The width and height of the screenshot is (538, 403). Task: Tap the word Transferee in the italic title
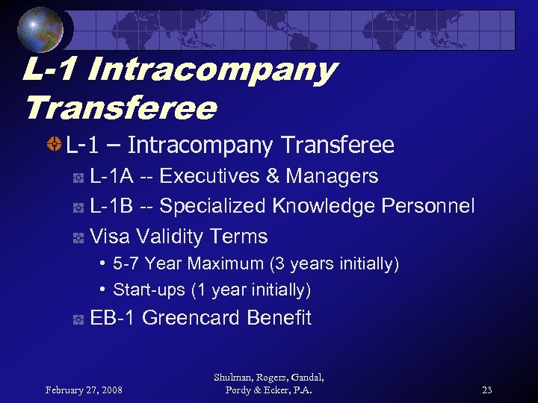tap(120, 108)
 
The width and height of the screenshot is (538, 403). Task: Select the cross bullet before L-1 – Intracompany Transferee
tap(54, 145)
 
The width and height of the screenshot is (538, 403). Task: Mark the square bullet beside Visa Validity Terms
tap(78, 238)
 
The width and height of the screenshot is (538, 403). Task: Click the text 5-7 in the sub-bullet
tap(126, 264)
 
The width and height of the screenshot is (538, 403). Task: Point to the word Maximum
tap(226, 264)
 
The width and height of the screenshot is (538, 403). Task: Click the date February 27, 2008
tap(84, 390)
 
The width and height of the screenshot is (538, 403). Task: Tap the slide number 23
tap(486, 390)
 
